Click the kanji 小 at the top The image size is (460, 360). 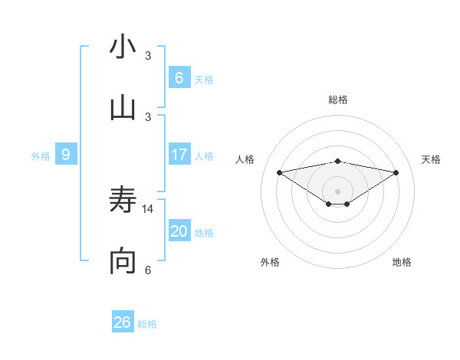click(x=123, y=47)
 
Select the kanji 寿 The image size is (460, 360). click(x=123, y=201)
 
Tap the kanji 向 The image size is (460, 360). click(x=123, y=262)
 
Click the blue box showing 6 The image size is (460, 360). click(x=179, y=77)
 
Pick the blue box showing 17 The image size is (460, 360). click(x=179, y=155)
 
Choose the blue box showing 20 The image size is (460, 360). click(x=179, y=231)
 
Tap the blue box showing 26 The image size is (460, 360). click(x=123, y=322)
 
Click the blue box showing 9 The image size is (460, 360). click(x=66, y=155)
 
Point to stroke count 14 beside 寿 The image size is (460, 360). click(x=149, y=208)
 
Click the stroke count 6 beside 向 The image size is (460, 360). click(x=148, y=270)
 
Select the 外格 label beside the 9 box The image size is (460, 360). click(x=41, y=155)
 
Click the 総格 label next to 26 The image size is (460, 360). click(x=147, y=324)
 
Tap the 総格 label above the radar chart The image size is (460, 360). click(x=338, y=100)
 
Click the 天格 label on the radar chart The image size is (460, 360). click(x=432, y=159)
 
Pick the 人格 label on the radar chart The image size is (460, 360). click(x=245, y=159)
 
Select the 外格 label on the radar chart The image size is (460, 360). click(x=270, y=262)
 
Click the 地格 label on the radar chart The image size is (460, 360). click(x=402, y=262)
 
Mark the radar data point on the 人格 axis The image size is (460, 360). click(x=279, y=172)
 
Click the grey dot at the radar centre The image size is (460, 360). click(x=338, y=191)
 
